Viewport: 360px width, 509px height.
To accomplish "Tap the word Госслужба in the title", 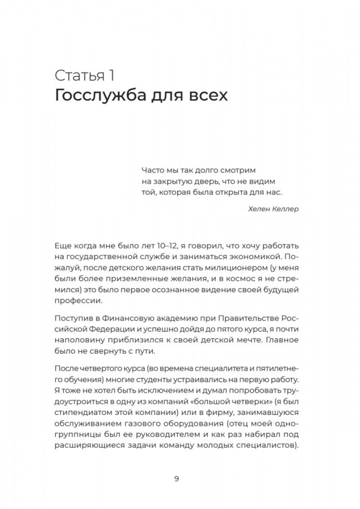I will tap(104, 96).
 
